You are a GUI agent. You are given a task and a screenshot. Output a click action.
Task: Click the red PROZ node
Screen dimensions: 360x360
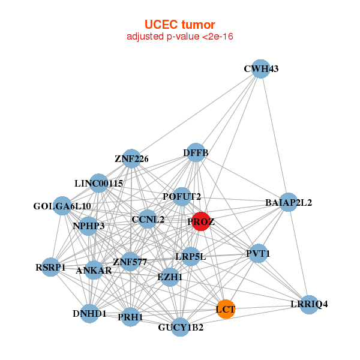click(200, 221)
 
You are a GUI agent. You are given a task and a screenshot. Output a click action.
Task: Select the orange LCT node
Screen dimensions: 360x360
click(225, 309)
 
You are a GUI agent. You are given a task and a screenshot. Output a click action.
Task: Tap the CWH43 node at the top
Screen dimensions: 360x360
click(260, 69)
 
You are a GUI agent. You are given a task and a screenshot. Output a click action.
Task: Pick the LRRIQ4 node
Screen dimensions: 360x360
click(308, 304)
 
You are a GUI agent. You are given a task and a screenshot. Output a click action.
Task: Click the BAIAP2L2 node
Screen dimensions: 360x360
click(289, 202)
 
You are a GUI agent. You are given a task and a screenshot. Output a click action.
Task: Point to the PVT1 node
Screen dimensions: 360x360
click(258, 254)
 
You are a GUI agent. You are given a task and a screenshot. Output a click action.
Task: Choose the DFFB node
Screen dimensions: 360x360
click(196, 153)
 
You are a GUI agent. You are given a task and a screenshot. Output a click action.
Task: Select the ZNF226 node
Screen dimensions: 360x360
click(131, 159)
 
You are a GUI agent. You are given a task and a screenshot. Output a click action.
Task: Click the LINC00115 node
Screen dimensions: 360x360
click(99, 183)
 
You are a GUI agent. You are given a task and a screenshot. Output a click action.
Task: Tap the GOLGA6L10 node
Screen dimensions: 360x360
click(62, 206)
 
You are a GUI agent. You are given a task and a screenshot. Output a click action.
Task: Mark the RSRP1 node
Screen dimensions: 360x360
click(50, 267)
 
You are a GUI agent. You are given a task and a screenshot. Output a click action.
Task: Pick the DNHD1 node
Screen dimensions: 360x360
click(89, 313)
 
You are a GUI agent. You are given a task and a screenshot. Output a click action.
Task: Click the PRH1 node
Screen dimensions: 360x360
click(130, 316)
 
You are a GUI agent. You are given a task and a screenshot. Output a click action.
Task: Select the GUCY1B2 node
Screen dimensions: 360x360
click(181, 327)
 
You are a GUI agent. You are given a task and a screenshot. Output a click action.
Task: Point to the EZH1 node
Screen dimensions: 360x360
click(170, 277)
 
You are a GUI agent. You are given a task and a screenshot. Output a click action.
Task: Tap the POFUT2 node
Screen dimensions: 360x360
click(182, 196)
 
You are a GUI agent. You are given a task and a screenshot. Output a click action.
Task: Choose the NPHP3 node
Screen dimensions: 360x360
click(89, 226)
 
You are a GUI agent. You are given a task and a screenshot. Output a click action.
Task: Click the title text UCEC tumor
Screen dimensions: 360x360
click(179, 25)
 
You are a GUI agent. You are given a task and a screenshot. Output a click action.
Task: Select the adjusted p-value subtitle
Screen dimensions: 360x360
click(179, 37)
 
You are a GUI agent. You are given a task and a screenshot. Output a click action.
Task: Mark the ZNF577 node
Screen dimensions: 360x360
click(130, 262)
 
